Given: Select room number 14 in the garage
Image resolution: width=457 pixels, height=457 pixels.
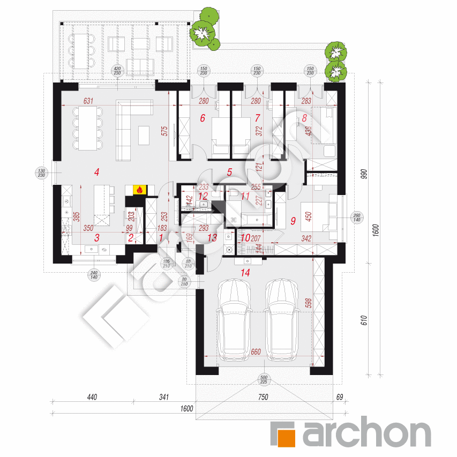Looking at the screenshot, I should [245, 273].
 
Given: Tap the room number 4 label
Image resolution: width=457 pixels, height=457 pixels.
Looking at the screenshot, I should [96, 172].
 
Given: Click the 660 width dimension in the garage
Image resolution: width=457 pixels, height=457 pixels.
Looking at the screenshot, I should [255, 353].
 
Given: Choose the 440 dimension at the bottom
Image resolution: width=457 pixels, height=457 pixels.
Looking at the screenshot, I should [91, 398].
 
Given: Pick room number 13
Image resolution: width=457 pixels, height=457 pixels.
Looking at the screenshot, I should [213, 237].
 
